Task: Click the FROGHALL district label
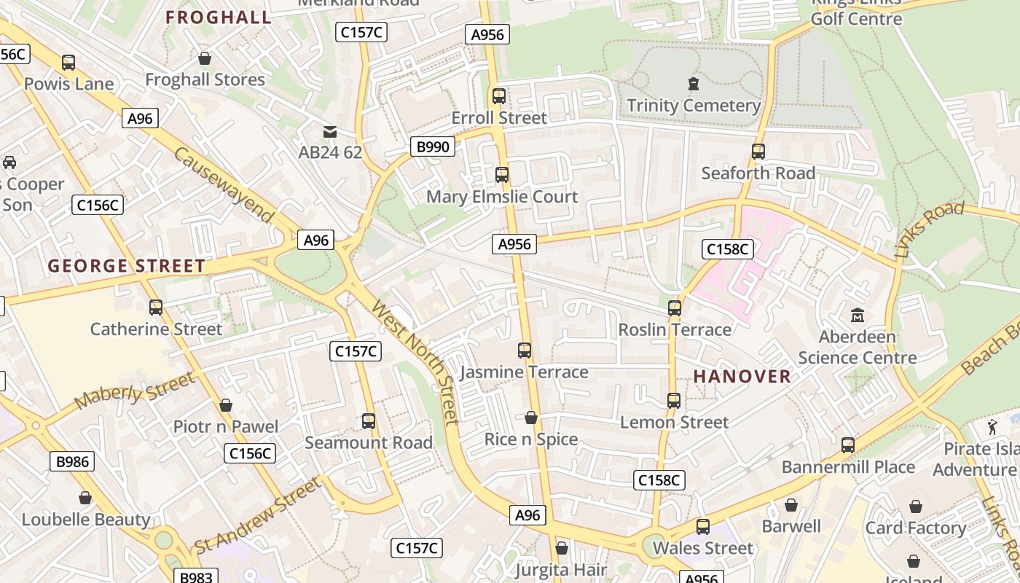[x=219, y=17]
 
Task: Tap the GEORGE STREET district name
[x=127, y=266]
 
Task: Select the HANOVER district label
[x=742, y=376]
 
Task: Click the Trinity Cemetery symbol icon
[x=694, y=85]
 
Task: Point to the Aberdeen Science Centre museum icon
[x=858, y=316]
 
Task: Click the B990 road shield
[x=432, y=146]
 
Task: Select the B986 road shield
[x=72, y=461]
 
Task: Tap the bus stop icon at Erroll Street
[x=499, y=96]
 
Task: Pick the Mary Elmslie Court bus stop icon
[x=502, y=175]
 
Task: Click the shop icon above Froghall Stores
[x=205, y=58]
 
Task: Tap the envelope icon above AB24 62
[x=330, y=132]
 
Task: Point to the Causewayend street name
[x=224, y=186]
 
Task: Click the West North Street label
[x=415, y=361]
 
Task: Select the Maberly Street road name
[x=135, y=391]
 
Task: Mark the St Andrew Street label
[x=257, y=516]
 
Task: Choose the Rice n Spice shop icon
[x=531, y=418]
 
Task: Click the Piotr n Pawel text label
[x=226, y=426]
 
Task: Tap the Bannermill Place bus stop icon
[x=848, y=445]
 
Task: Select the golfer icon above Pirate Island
[x=992, y=428]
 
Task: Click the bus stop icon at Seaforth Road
[x=758, y=152]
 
